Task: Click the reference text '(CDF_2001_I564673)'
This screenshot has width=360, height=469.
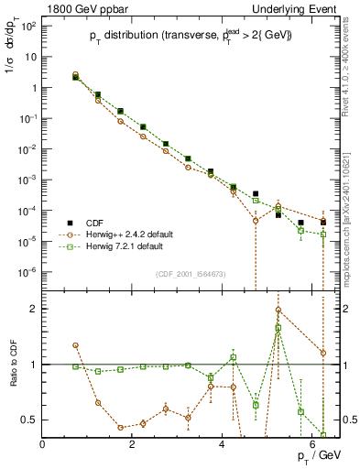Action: [x=190, y=274]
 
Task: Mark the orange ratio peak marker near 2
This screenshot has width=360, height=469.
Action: [x=278, y=310]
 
